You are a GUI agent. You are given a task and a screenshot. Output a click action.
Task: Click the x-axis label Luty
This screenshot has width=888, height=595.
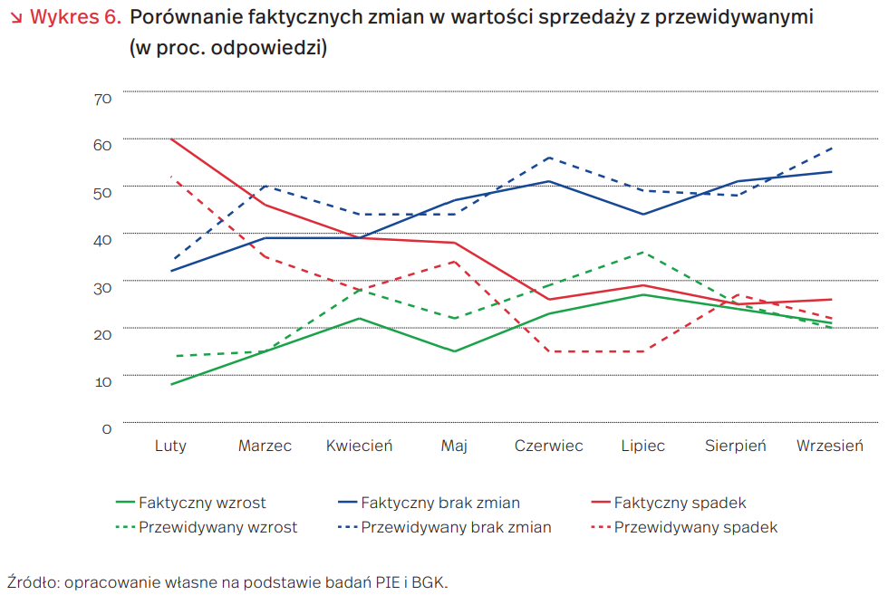click(170, 446)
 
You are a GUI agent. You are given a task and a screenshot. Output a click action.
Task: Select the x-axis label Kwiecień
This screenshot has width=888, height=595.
click(359, 446)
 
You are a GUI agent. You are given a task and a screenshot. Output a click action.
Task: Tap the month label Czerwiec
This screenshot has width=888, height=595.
click(548, 446)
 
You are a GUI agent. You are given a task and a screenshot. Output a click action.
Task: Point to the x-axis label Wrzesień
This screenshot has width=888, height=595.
click(830, 446)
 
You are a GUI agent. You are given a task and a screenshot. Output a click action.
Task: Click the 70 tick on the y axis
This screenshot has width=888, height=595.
click(102, 98)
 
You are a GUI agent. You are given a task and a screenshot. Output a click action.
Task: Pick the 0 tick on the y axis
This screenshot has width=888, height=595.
click(107, 428)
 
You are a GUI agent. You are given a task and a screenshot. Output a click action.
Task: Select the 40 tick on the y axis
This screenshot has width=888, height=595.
click(102, 239)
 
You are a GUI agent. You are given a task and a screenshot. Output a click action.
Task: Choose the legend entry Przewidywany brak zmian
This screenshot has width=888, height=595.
click(456, 527)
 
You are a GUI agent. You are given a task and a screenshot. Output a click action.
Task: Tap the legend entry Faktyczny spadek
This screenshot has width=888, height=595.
click(680, 503)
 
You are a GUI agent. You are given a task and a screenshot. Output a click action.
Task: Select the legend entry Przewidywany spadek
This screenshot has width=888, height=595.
click(695, 527)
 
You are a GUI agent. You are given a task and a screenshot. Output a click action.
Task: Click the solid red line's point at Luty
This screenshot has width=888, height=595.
click(170, 139)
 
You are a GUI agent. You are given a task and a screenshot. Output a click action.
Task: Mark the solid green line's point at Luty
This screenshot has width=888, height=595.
click(170, 384)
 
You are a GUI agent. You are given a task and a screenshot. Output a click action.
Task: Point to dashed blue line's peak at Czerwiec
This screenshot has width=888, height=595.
click(548, 158)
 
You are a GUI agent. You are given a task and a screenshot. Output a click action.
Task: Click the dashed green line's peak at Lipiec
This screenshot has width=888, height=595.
click(642, 252)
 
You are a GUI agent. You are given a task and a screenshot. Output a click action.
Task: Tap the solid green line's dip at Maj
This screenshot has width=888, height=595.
click(454, 351)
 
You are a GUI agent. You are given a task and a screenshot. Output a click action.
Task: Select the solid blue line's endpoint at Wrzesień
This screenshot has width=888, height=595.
click(831, 172)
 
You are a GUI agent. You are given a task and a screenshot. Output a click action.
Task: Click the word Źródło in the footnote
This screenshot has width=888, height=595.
click(30, 581)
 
